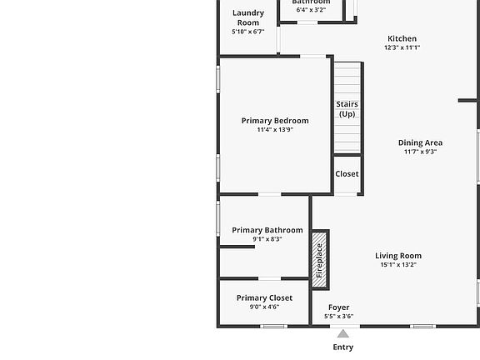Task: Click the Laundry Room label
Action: [248, 17]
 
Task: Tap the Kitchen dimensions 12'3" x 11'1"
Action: [402, 48]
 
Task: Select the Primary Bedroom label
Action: [275, 121]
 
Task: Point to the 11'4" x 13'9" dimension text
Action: [275, 130]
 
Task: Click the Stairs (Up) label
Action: [347, 109]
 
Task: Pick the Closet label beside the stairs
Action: [347, 174]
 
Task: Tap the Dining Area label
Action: [420, 142]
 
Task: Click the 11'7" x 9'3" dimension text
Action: [420, 152]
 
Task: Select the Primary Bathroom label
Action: [267, 230]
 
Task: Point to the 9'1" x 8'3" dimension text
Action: [267, 239]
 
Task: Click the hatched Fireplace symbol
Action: [319, 260]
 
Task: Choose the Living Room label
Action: [398, 256]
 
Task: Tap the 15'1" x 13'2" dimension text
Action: [398, 265]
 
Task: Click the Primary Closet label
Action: [264, 297]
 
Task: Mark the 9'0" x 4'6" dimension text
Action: [264, 307]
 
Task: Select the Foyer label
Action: [338, 307]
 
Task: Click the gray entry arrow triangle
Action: [342, 333]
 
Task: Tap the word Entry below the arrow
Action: [342, 347]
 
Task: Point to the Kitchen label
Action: [402, 38]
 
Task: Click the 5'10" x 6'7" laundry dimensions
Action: [247, 32]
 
